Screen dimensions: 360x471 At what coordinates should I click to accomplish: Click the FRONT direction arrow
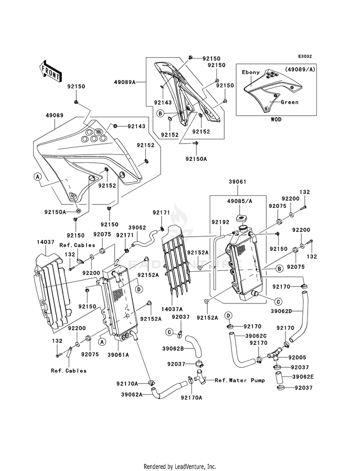click(50, 71)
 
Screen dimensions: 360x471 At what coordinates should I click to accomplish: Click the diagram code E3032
click(305, 56)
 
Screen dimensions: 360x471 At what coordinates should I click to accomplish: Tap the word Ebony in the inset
click(251, 72)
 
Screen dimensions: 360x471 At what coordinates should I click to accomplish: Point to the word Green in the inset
click(289, 102)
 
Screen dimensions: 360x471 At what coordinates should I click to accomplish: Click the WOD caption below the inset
click(276, 119)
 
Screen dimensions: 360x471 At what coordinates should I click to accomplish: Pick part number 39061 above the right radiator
click(237, 182)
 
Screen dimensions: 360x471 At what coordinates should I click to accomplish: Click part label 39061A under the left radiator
click(118, 355)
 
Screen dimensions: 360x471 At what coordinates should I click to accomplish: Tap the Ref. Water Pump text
click(240, 380)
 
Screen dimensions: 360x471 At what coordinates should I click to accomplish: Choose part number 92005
click(297, 358)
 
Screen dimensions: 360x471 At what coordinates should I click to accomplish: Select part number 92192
click(220, 222)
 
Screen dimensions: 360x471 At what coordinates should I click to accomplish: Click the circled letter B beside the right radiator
click(279, 268)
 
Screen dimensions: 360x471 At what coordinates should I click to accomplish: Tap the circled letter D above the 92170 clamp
click(229, 315)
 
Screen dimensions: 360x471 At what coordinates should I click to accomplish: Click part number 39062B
click(173, 349)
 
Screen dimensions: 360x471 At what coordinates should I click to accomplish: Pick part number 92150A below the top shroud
click(196, 159)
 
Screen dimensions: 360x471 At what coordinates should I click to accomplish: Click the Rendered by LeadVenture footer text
click(180, 466)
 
